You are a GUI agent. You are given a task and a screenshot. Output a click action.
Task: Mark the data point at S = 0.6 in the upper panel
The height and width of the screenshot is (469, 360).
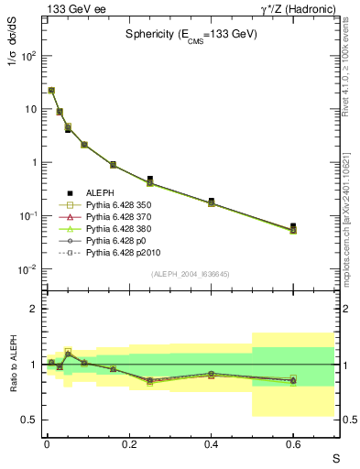[x=293, y=226]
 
